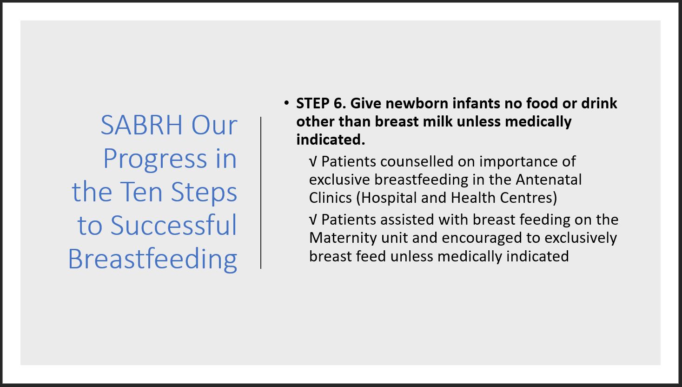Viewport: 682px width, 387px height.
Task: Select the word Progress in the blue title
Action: click(x=155, y=159)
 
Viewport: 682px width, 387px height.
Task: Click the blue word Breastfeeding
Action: click(x=152, y=260)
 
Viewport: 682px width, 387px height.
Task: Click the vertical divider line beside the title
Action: click(x=261, y=193)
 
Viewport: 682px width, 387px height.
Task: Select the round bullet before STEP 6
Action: click(x=286, y=103)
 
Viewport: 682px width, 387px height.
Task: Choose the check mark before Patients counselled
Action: click(x=313, y=161)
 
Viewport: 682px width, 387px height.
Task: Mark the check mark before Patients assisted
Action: click(x=313, y=220)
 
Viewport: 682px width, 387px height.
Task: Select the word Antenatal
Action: click(x=548, y=180)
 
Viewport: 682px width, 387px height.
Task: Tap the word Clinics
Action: click(x=331, y=198)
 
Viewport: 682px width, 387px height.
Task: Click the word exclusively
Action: click(x=581, y=238)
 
